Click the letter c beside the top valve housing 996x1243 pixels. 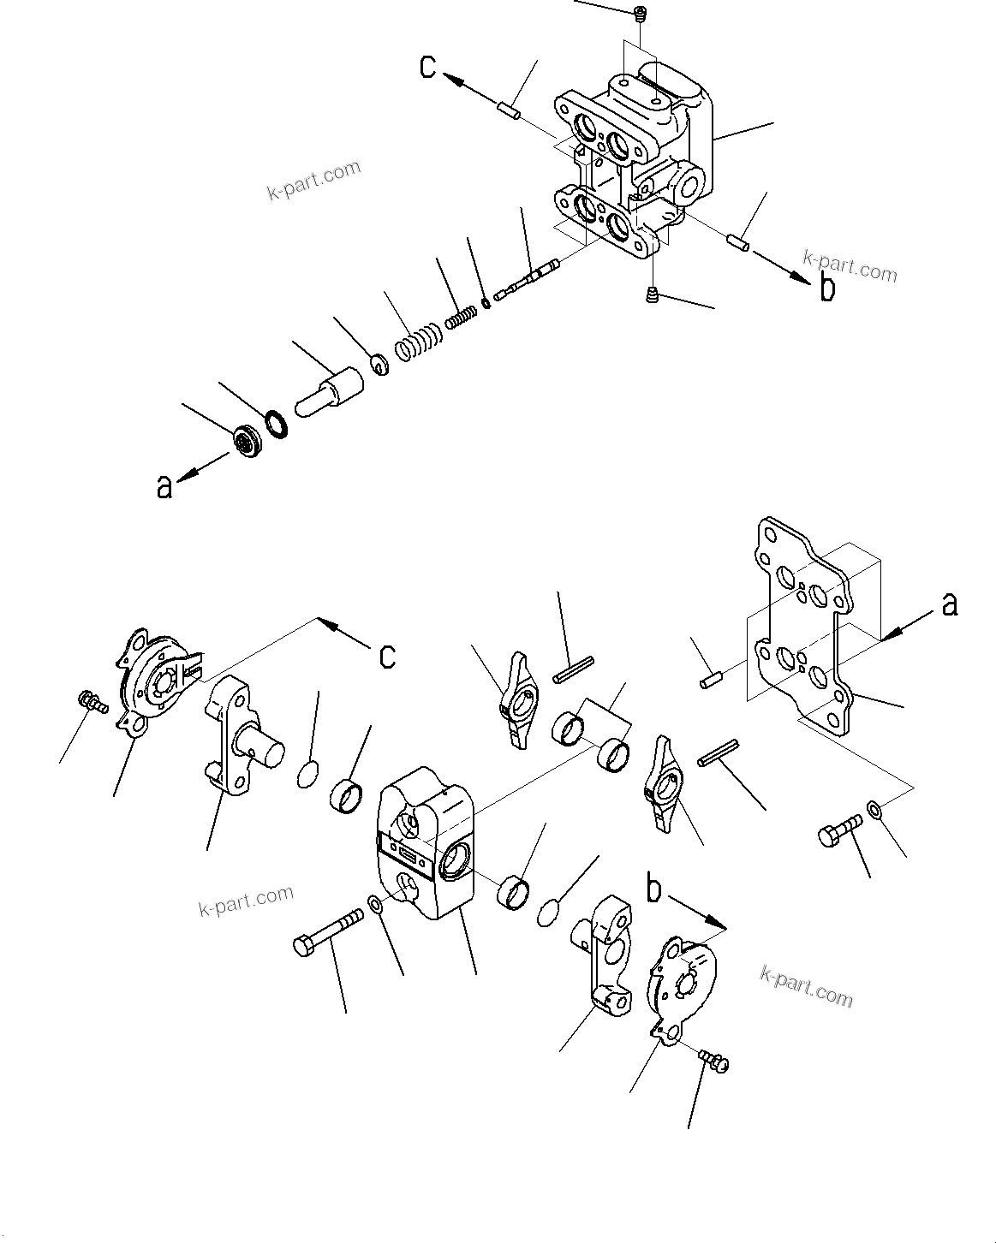pos(429,66)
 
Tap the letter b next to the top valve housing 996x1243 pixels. pos(827,288)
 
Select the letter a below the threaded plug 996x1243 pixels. pos(164,486)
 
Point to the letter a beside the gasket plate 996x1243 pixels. pos(949,604)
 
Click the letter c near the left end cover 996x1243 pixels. pos(388,655)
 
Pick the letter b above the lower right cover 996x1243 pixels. pos(653,890)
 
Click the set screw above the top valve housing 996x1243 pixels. pos(641,13)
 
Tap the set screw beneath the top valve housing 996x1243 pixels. pos(653,296)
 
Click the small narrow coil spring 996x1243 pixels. pos(461,318)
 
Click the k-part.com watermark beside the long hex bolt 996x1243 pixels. pos(245,900)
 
